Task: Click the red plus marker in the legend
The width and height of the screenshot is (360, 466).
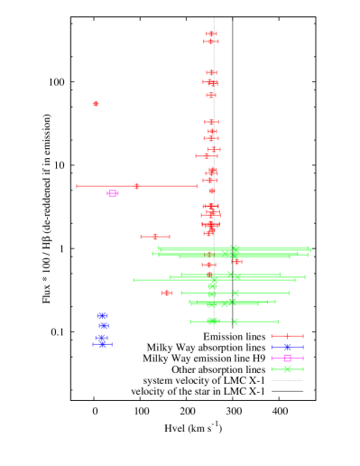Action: [x=287, y=336]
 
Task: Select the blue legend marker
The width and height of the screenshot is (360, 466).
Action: [x=287, y=347]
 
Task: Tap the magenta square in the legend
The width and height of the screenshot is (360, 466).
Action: [x=287, y=358]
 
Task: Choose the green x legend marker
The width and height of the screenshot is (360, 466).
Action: [x=287, y=368]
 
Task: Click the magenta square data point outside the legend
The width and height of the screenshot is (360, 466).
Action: [x=113, y=193]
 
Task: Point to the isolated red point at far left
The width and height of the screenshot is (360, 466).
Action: [x=96, y=104]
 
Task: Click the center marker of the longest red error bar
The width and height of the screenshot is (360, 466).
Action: [x=136, y=186]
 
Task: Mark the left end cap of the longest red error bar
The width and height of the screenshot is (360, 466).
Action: [x=77, y=186]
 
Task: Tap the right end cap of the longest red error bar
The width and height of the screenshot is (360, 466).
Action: [x=197, y=186]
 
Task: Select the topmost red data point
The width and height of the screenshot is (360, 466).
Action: [x=211, y=33]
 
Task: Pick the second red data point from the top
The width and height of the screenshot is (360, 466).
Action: [x=211, y=42]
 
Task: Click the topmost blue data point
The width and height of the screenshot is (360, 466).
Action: [x=102, y=316]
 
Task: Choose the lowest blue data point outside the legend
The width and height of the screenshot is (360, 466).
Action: [x=102, y=344]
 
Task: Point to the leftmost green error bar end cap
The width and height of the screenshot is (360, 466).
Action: [x=134, y=280]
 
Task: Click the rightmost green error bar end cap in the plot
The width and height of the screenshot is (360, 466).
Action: [x=311, y=249]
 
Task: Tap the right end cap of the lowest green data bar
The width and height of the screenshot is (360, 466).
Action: [x=278, y=322]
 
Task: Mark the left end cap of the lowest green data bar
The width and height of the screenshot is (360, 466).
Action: [x=190, y=322]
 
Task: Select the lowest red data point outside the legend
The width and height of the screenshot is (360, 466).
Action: [x=167, y=293]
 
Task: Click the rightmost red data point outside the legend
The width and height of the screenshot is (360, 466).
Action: [x=237, y=262]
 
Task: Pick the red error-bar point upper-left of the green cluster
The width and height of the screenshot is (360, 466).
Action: [x=155, y=237]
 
